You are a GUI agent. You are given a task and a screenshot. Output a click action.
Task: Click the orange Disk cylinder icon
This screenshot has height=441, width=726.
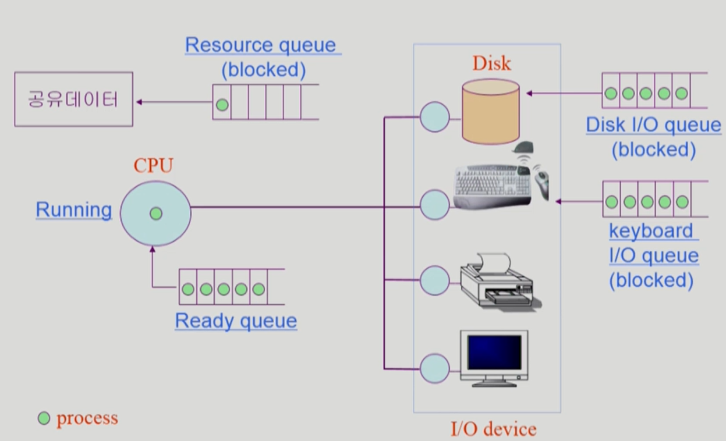click(491, 112)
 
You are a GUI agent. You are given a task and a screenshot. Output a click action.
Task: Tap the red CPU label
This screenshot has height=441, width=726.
click(153, 165)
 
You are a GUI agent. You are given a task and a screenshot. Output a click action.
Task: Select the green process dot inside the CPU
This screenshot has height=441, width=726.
click(156, 214)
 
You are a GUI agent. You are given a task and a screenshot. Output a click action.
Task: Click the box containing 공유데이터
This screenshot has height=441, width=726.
click(73, 99)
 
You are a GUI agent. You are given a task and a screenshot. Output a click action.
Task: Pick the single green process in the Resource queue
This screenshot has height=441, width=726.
click(222, 105)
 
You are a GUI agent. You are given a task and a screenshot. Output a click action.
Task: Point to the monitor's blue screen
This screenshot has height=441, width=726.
click(494, 353)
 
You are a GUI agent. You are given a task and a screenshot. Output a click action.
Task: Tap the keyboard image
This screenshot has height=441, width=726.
click(492, 186)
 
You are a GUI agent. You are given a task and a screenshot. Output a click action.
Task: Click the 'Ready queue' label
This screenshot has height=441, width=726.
click(236, 321)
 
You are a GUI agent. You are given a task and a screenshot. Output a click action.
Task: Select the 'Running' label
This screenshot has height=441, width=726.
click(74, 210)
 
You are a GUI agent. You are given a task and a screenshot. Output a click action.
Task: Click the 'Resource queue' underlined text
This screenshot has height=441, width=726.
click(261, 45)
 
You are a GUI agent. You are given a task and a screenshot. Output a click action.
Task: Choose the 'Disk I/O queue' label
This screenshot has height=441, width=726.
click(653, 125)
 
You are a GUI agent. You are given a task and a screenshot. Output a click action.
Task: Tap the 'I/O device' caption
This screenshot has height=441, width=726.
click(493, 429)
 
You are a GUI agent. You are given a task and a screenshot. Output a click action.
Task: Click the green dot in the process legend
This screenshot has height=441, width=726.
click(44, 418)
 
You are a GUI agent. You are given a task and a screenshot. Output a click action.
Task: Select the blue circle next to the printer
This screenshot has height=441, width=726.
click(435, 280)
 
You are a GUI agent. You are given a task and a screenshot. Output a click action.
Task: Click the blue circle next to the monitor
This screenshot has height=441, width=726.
click(435, 368)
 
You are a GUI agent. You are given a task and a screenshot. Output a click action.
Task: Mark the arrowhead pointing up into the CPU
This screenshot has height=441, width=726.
click(153, 249)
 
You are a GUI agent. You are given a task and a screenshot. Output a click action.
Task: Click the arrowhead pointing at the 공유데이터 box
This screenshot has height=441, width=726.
click(139, 102)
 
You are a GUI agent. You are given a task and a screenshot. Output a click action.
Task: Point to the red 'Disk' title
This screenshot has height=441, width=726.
click(492, 63)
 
